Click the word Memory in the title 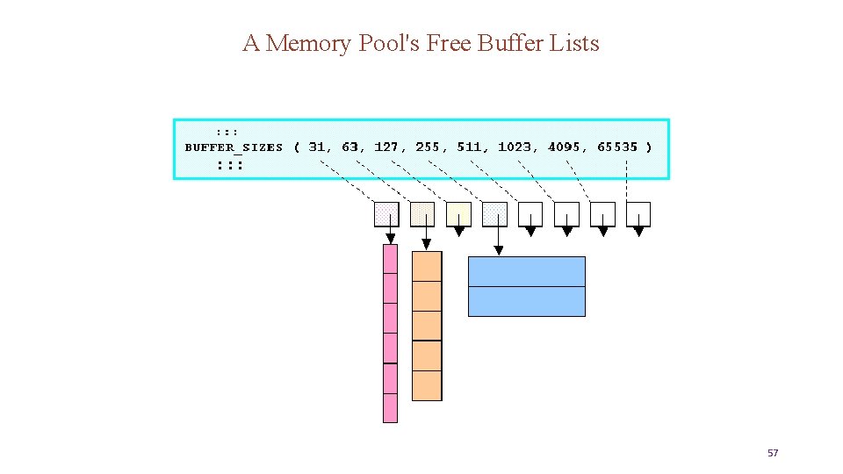pos(310,43)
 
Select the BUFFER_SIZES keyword pos(234,147)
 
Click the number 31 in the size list pos(320,147)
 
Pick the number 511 pos(471,147)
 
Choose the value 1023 pos(516,147)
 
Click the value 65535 pos(618,147)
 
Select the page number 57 pos(773,453)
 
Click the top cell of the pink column pos(391,259)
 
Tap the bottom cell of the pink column pos(391,407)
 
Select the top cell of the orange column pos(427,266)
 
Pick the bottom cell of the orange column pos(427,385)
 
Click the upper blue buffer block pos(527,271)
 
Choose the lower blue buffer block pos(527,301)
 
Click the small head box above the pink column pos(386,214)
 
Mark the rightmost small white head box pos(638,214)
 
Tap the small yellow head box pos(458,214)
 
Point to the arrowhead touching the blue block pos(499,251)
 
